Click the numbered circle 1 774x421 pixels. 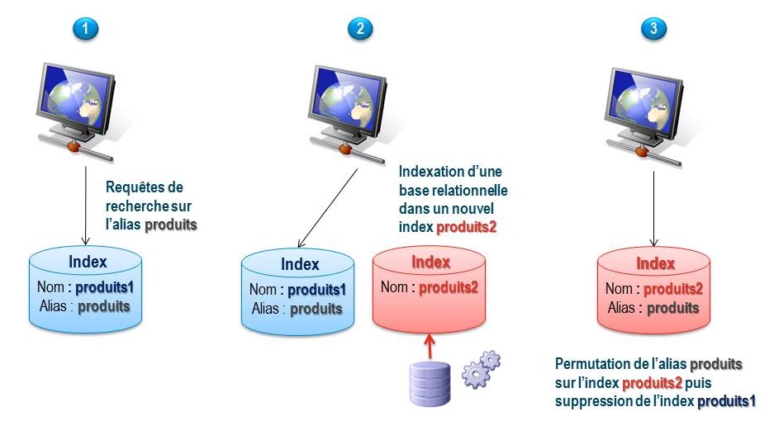(x=84, y=28)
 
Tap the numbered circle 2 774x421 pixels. (x=360, y=28)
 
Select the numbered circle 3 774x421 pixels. (x=654, y=28)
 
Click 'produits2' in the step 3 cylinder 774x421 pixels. (x=672, y=289)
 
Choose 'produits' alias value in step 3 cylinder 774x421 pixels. (x=672, y=308)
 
